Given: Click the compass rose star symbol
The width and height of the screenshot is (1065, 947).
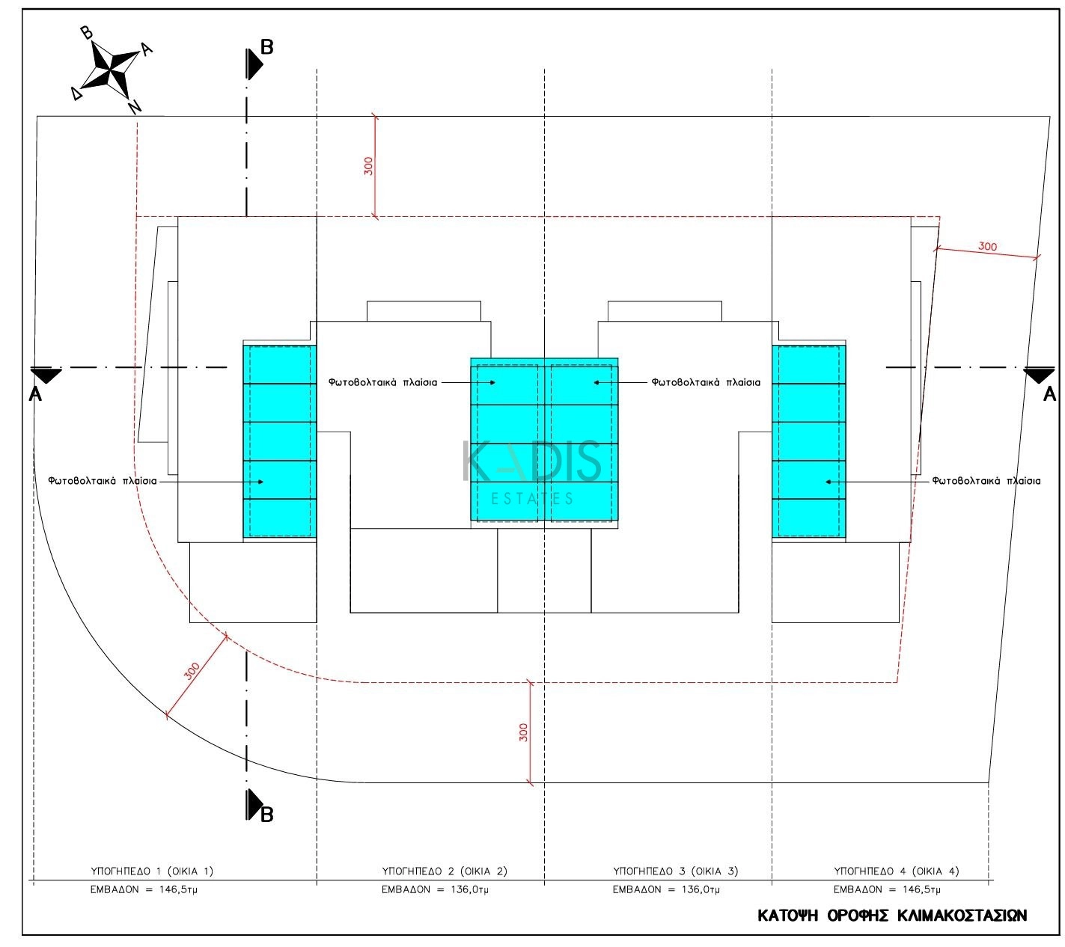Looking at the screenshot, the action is [111, 70].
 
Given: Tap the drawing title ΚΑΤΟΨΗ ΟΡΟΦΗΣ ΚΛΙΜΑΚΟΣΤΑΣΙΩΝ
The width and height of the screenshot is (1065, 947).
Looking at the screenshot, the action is [891, 915].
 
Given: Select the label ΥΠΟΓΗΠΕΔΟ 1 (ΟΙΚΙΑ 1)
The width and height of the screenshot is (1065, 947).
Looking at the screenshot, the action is [152, 871].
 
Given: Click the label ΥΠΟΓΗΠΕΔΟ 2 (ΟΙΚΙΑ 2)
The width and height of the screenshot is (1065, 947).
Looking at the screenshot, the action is [445, 871].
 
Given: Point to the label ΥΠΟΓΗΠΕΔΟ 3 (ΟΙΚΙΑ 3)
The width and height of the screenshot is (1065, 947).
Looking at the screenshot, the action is [675, 871].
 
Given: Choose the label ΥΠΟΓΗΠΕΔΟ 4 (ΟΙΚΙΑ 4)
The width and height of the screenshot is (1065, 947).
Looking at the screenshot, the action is [896, 871].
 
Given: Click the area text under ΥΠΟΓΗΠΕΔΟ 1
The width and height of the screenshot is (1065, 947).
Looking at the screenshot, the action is [144, 889].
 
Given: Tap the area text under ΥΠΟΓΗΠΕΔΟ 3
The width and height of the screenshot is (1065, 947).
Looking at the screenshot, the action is [666, 889].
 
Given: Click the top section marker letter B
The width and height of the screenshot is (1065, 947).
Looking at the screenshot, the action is [266, 47].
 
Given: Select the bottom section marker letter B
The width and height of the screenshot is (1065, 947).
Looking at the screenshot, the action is [266, 815].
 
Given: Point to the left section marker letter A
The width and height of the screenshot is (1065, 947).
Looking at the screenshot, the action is [34, 394].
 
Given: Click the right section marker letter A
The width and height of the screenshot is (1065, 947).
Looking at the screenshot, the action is [1049, 394].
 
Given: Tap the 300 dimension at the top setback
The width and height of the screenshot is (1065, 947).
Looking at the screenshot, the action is [368, 166].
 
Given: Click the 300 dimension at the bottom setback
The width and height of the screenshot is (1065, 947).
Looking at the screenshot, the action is [523, 732].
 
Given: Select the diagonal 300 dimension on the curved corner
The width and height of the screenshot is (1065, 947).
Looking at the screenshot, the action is [192, 670].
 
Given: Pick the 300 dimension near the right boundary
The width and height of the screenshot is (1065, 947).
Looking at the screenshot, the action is [987, 246].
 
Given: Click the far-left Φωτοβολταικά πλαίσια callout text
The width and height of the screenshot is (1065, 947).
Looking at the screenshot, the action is [103, 481].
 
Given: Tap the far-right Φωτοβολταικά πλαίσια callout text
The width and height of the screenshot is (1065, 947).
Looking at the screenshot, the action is [986, 481].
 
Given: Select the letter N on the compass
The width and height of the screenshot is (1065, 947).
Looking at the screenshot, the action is [135, 107].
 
